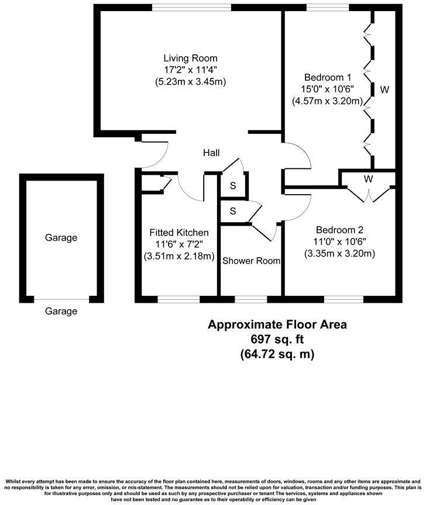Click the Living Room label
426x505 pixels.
click(190, 58)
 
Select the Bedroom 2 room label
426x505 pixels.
click(339, 229)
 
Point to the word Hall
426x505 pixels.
click(211, 153)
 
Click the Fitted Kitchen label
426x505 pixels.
click(179, 232)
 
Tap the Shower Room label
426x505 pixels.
click(251, 261)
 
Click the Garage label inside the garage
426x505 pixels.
click(61, 238)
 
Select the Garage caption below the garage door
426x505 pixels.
click(61, 312)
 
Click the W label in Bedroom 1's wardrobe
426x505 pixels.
click(384, 90)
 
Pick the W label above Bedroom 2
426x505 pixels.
click(368, 179)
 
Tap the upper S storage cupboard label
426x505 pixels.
click(233, 186)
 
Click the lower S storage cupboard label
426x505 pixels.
click(233, 210)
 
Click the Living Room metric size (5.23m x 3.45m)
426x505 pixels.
click(190, 82)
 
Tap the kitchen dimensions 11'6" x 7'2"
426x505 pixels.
click(179, 244)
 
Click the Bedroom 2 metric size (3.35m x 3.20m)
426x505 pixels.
click(339, 253)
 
